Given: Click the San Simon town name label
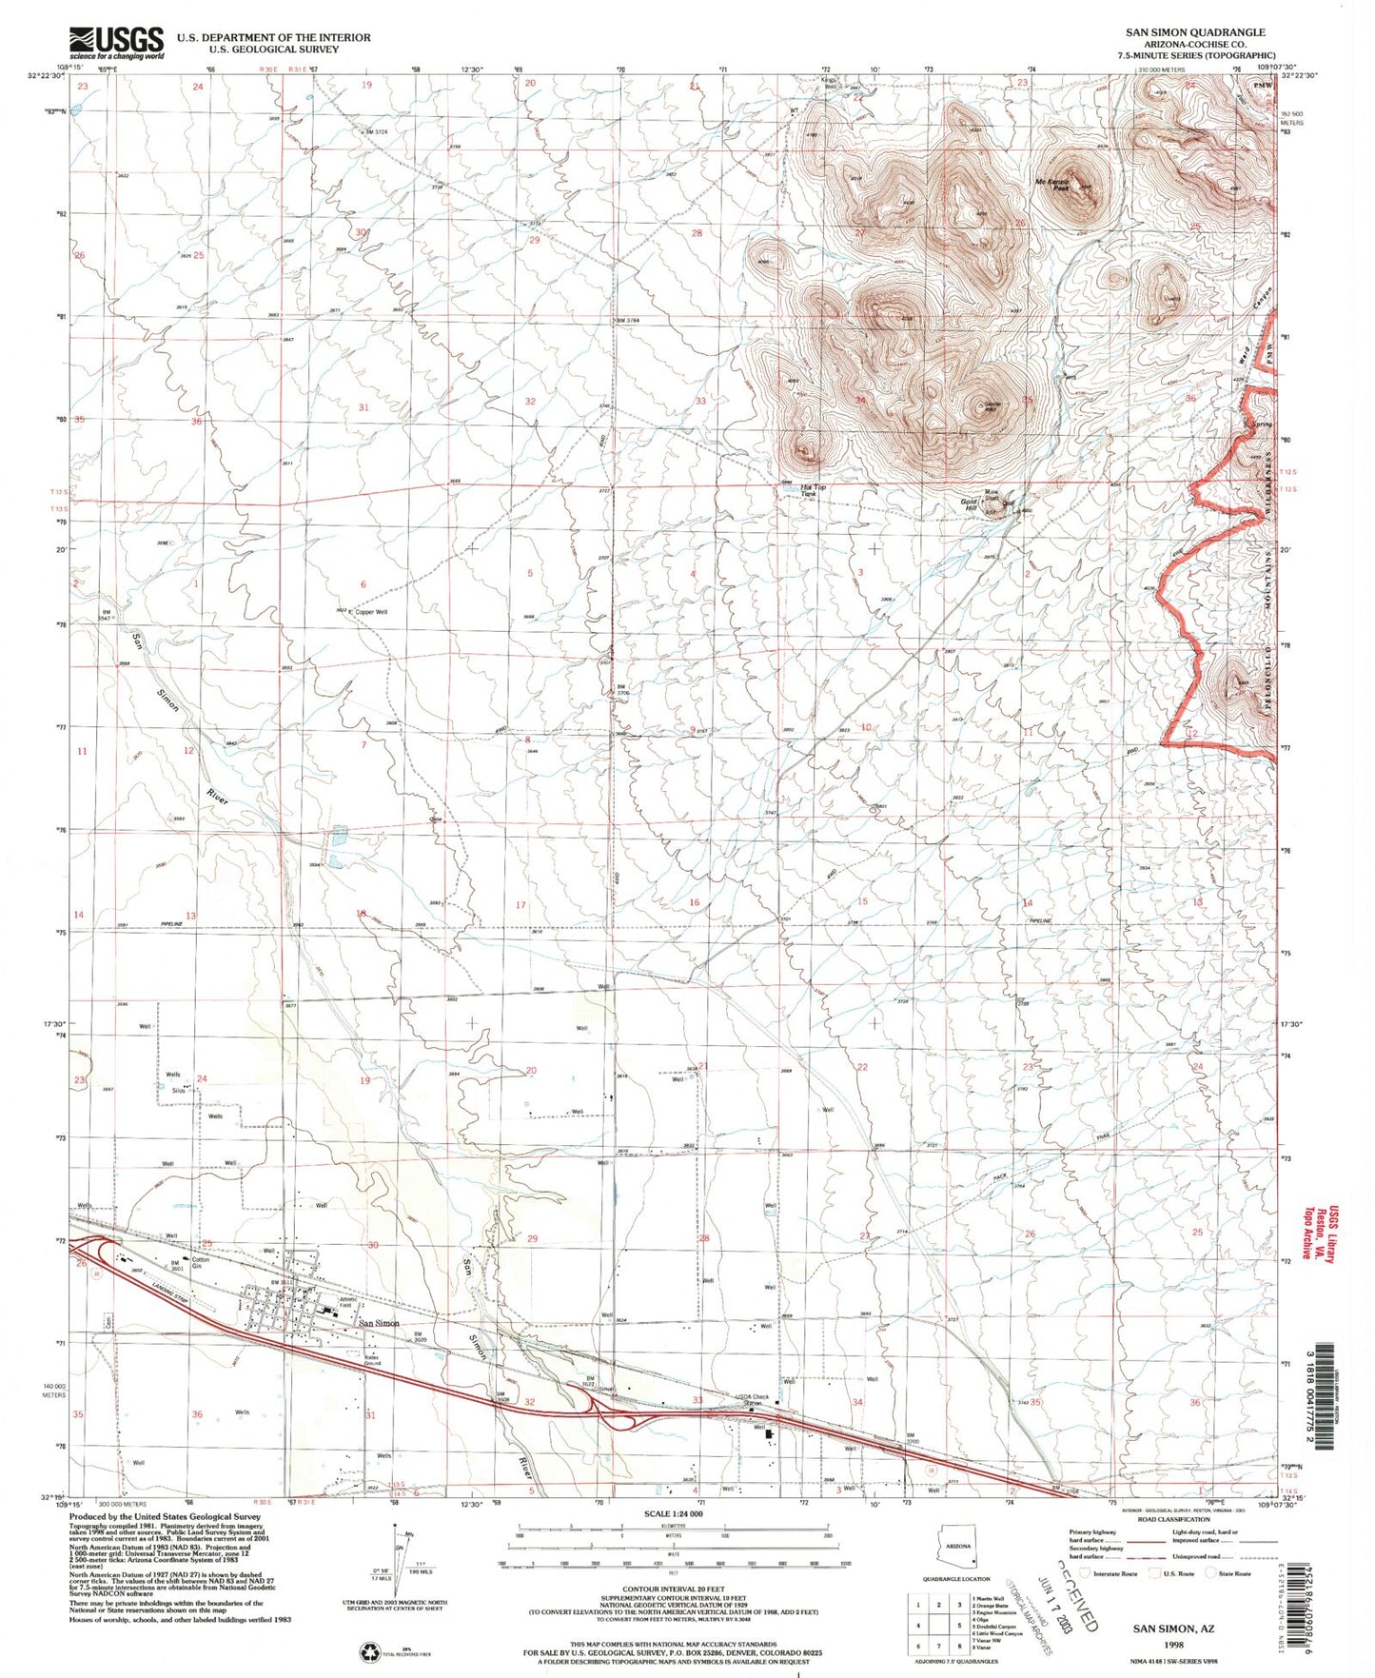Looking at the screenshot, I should click(378, 1324).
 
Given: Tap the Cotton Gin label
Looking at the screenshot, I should click(201, 1263).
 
